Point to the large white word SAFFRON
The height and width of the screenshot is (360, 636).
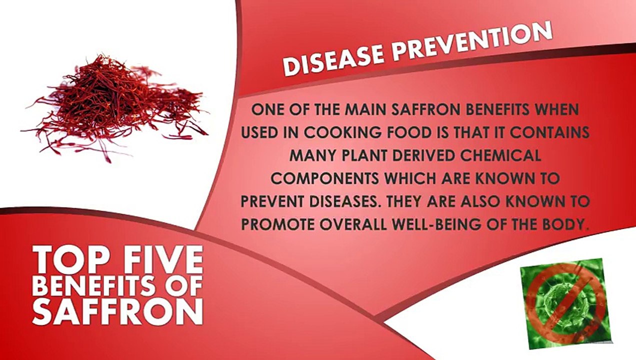pos(117,311)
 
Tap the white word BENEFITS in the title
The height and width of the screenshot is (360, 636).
pos(93,285)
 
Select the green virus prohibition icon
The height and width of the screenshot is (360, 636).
pos(565,303)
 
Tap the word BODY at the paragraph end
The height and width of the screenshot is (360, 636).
pos(564,224)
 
